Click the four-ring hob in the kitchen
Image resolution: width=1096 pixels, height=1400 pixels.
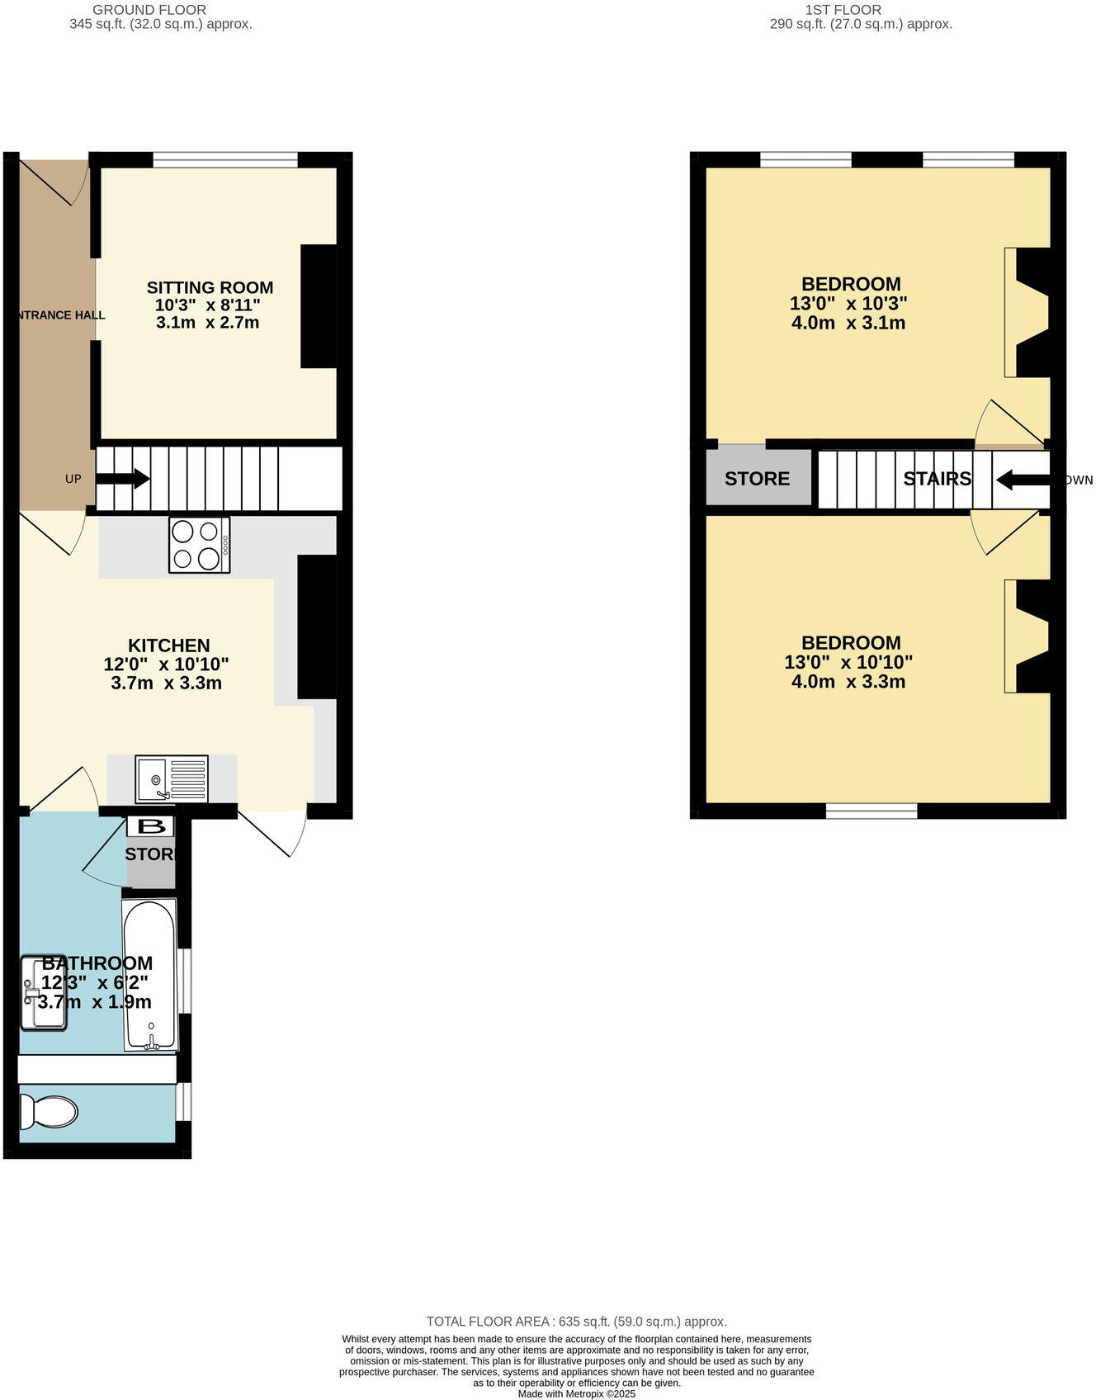pos(199,545)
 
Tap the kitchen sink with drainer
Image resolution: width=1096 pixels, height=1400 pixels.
pos(172,778)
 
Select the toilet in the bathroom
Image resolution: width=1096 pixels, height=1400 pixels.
pos(48,1111)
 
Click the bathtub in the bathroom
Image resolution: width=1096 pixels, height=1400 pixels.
pos(149,975)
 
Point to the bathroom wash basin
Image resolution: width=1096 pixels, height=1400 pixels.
pos(43,993)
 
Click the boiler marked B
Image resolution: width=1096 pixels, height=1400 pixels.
pos(150,825)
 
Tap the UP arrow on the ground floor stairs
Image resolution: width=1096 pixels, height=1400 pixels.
pos(123,479)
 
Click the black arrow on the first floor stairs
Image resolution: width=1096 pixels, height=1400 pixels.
pos(1022,479)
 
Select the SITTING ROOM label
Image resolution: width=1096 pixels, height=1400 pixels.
pos(210,287)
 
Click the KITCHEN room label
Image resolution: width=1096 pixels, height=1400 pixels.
pos(168,646)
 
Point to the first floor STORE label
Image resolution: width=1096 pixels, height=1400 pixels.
pos(757,479)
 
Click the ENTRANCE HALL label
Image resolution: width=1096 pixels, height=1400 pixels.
pos(59,315)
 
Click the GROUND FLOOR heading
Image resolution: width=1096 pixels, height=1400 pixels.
pos(149,10)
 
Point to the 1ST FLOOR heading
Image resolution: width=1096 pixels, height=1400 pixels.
pos(843,10)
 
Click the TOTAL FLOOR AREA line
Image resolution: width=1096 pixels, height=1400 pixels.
pos(576,1322)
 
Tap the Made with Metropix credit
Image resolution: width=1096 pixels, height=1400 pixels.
pos(576,1394)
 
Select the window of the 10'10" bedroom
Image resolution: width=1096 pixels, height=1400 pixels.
pos(872,811)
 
